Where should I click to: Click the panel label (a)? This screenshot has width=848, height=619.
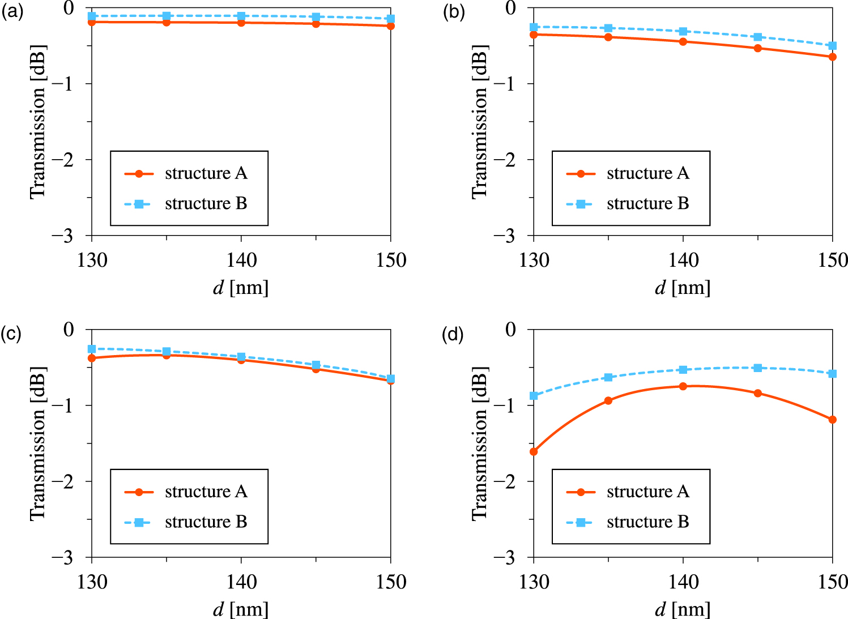(x=12, y=12)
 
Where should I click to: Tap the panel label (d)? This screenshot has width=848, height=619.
(x=453, y=334)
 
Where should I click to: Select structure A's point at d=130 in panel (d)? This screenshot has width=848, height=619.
(x=534, y=451)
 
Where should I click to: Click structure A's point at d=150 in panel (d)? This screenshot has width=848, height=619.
(x=832, y=420)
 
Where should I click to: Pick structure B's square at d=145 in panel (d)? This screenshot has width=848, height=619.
(x=757, y=368)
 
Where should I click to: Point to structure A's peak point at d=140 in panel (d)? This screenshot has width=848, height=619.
(x=683, y=386)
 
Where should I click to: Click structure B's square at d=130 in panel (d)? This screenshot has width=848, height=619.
(x=534, y=395)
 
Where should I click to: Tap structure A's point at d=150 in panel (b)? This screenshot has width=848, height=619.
(x=832, y=57)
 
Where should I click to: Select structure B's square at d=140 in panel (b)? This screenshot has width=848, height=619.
(x=683, y=31)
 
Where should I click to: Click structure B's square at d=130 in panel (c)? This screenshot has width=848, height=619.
(x=92, y=349)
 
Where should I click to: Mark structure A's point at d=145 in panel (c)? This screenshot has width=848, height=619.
(x=316, y=369)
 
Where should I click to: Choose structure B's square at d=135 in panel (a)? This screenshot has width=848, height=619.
(x=167, y=16)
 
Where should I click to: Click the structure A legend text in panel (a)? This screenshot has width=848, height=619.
(x=206, y=173)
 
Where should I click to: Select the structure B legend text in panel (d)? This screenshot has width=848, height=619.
(x=647, y=522)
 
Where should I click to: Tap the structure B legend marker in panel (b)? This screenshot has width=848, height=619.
(x=581, y=204)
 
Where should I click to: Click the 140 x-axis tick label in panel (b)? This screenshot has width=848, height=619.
(x=683, y=261)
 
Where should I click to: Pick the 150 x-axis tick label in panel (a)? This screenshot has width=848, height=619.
(x=391, y=261)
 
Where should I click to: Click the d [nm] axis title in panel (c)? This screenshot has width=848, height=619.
(x=241, y=609)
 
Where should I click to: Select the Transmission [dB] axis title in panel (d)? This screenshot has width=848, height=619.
(x=479, y=443)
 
